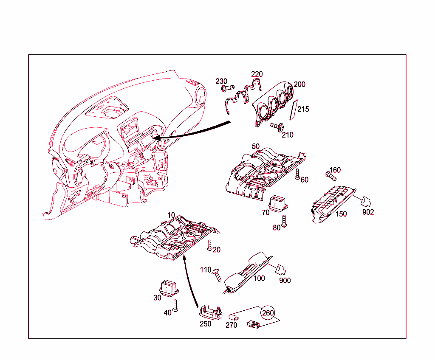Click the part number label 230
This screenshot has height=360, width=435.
tap(221, 81)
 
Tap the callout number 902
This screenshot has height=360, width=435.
tap(368, 212)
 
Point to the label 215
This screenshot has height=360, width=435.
tap(303, 109)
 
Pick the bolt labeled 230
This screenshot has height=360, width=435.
tap(228, 88)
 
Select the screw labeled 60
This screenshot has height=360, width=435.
tap(297, 173)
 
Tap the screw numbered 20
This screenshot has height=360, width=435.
tap(209, 244)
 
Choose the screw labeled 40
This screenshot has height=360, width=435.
tap(175, 305)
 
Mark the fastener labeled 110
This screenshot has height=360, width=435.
tap(217, 275)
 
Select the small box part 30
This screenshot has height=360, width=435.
tap(168, 287)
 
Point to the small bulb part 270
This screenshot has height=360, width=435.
tap(234, 317)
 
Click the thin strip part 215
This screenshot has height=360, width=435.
tap(293, 111)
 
